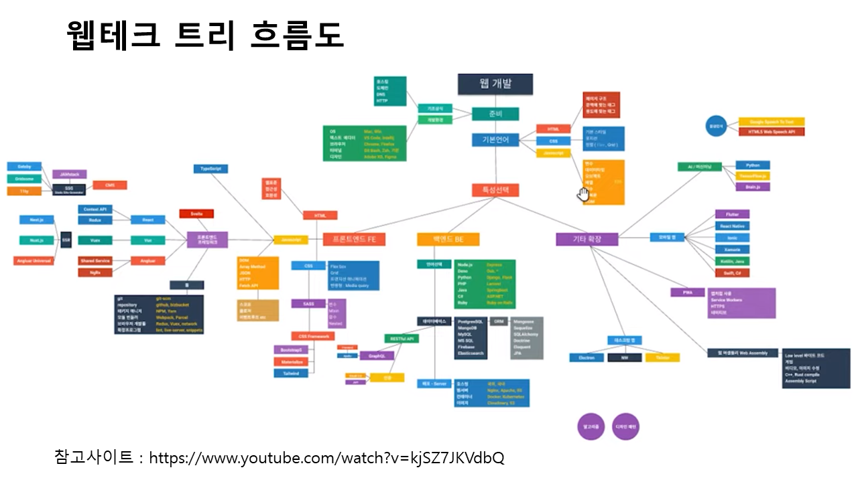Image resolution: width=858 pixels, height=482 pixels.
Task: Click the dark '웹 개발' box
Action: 495,84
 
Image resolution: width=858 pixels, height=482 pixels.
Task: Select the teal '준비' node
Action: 495,114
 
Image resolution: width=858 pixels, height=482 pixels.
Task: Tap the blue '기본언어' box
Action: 495,140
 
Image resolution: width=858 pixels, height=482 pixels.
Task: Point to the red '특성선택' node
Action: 495,190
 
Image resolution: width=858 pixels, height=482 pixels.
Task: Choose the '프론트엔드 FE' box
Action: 354,239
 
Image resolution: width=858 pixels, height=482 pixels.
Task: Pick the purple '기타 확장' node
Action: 587,239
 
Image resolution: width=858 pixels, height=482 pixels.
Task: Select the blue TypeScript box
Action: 211,169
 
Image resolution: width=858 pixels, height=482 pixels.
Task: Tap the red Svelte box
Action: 196,214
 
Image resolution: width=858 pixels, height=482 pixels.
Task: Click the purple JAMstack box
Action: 69,174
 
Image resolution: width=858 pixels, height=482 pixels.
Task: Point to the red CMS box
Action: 110,185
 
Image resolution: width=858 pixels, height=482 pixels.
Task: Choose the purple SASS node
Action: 308,303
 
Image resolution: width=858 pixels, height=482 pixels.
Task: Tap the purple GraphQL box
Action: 377,355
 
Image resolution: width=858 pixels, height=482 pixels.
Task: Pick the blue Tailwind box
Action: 291,374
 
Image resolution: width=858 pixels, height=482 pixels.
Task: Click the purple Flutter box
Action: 732,214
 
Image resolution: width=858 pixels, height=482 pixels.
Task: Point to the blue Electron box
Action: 587,357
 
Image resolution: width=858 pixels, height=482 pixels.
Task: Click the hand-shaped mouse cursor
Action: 584,194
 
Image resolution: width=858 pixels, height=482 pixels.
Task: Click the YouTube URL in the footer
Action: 326,458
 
